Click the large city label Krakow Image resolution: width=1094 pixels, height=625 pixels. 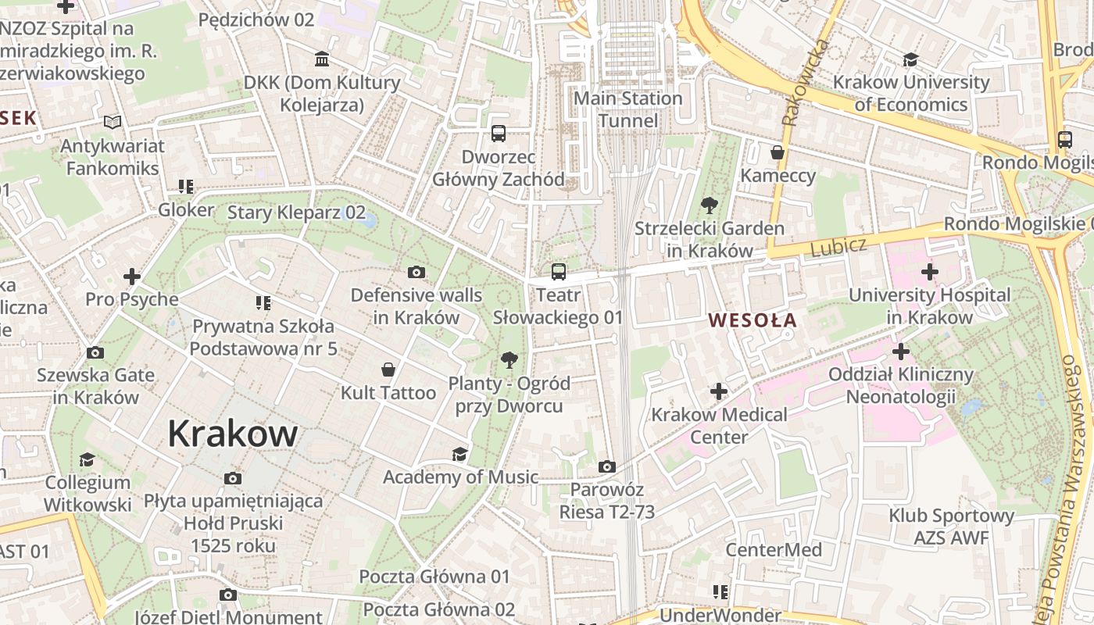[232, 434]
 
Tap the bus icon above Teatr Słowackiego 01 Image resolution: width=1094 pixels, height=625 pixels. [558, 272]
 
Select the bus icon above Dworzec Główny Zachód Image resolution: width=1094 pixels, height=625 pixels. [499, 134]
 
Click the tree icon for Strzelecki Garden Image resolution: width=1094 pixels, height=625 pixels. [709, 205]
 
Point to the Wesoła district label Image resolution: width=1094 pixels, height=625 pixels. [752, 320]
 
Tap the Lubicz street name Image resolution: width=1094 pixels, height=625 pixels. [838, 248]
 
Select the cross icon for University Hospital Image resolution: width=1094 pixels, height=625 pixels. [929, 272]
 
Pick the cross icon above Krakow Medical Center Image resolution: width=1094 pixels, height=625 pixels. [719, 391]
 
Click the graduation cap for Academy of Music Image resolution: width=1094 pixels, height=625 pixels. [460, 454]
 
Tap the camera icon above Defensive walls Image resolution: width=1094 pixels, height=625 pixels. [417, 272]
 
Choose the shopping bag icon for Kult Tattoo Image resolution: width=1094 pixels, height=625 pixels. [388, 369]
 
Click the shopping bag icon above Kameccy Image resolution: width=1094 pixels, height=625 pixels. [777, 152]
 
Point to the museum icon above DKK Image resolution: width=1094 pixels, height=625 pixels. [321, 59]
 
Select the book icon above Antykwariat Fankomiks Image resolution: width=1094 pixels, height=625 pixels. [113, 122]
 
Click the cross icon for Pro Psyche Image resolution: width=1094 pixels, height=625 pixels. [132, 276]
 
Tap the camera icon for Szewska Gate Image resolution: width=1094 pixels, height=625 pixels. [95, 352]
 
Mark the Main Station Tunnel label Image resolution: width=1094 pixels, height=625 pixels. [628, 109]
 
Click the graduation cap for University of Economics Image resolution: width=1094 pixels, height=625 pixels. [910, 59]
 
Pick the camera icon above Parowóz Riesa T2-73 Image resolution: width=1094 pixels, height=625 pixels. [606, 466]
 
